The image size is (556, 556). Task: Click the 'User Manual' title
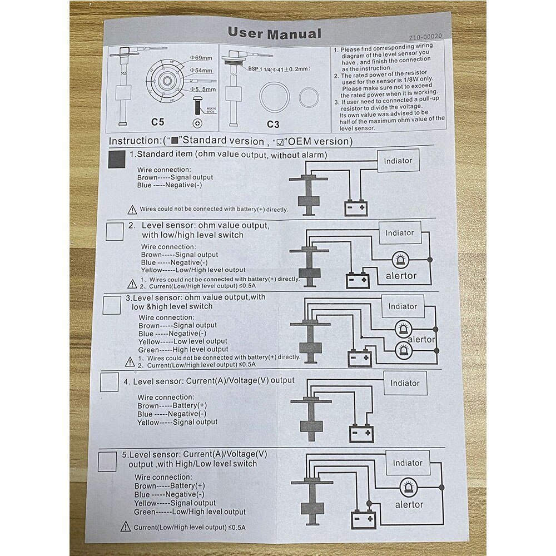[274, 33]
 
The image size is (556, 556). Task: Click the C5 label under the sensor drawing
[158, 121]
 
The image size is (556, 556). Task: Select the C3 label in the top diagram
[273, 123]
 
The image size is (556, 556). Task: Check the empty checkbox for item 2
[114, 231]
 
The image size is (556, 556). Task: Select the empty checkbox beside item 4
[108, 382]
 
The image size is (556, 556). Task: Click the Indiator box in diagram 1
[399, 161]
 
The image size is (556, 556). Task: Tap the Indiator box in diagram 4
[405, 383]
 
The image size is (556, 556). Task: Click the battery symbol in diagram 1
[355, 208]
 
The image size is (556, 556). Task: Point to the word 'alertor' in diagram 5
[409, 505]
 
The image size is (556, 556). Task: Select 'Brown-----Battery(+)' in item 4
[172, 405]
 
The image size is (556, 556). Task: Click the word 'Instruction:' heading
[134, 141]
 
